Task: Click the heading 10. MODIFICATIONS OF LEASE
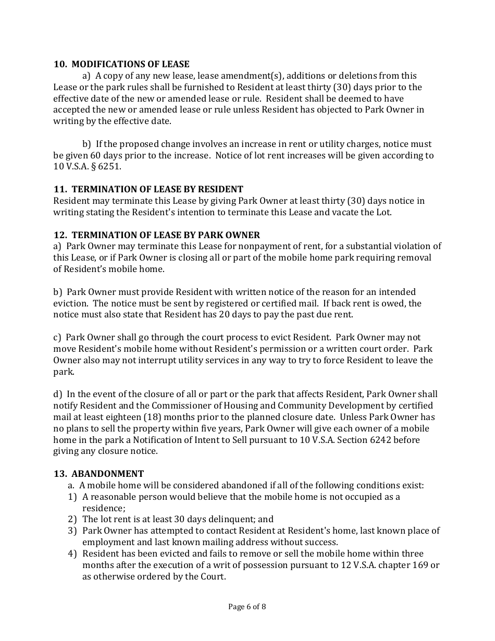[121, 65]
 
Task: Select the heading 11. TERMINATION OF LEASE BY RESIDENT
[148, 189]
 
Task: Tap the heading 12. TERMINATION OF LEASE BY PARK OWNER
[156, 235]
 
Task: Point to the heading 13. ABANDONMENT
[98, 474]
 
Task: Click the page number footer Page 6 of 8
[247, 606]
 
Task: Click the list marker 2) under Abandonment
[72, 519]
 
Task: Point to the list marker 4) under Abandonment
[72, 553]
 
